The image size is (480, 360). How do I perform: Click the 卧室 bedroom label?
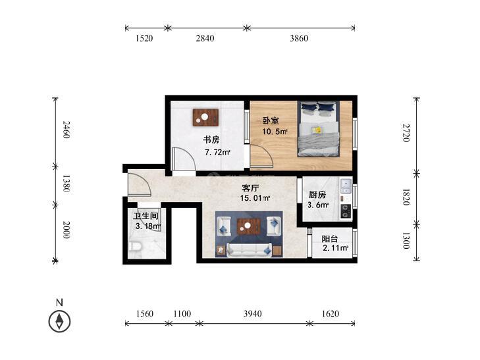271,120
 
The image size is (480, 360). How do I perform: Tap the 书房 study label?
211,140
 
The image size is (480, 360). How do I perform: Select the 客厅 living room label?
250,188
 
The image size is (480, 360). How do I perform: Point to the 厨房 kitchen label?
317,195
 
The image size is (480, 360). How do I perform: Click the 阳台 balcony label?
330,238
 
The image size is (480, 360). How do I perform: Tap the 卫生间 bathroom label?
146,216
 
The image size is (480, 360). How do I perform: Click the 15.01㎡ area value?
255,198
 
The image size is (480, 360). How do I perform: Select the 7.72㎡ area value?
217,152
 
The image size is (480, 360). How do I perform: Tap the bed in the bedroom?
319,129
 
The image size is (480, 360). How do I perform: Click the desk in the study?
205,117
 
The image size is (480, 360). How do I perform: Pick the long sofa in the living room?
249,250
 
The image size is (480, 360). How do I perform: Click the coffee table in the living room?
249,226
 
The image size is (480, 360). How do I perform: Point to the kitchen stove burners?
346,211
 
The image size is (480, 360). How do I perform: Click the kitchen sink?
346,186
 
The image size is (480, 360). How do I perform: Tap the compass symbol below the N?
59,321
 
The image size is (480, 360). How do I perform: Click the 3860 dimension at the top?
299,38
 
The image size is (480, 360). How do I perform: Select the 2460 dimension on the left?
67,130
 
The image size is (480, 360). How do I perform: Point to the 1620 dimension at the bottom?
331,313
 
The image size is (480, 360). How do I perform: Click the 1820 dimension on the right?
406,197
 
